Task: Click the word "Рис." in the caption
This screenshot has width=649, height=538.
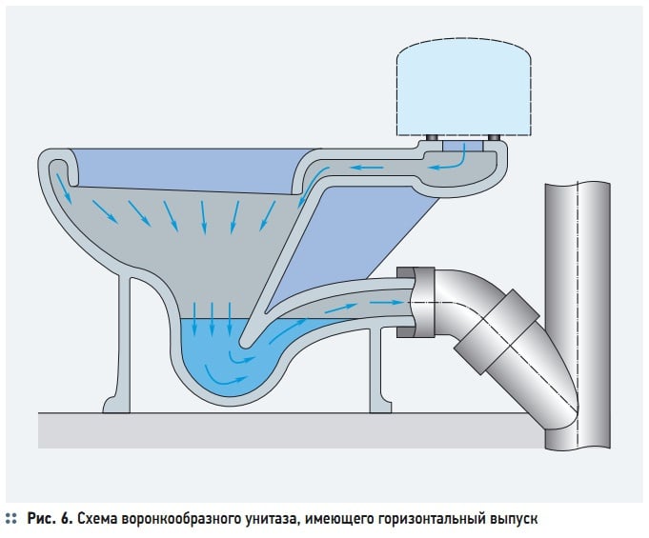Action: click(42, 518)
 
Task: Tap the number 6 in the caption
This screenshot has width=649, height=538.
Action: click(66, 518)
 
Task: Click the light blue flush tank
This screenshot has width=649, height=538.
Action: click(463, 88)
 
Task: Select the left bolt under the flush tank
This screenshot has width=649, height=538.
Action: click(433, 137)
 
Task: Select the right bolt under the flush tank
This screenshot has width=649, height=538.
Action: click(494, 137)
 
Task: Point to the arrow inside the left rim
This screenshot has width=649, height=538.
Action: click(64, 189)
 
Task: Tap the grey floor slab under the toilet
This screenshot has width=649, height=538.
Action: click(291, 430)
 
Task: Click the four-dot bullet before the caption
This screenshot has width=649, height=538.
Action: click(11, 518)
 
